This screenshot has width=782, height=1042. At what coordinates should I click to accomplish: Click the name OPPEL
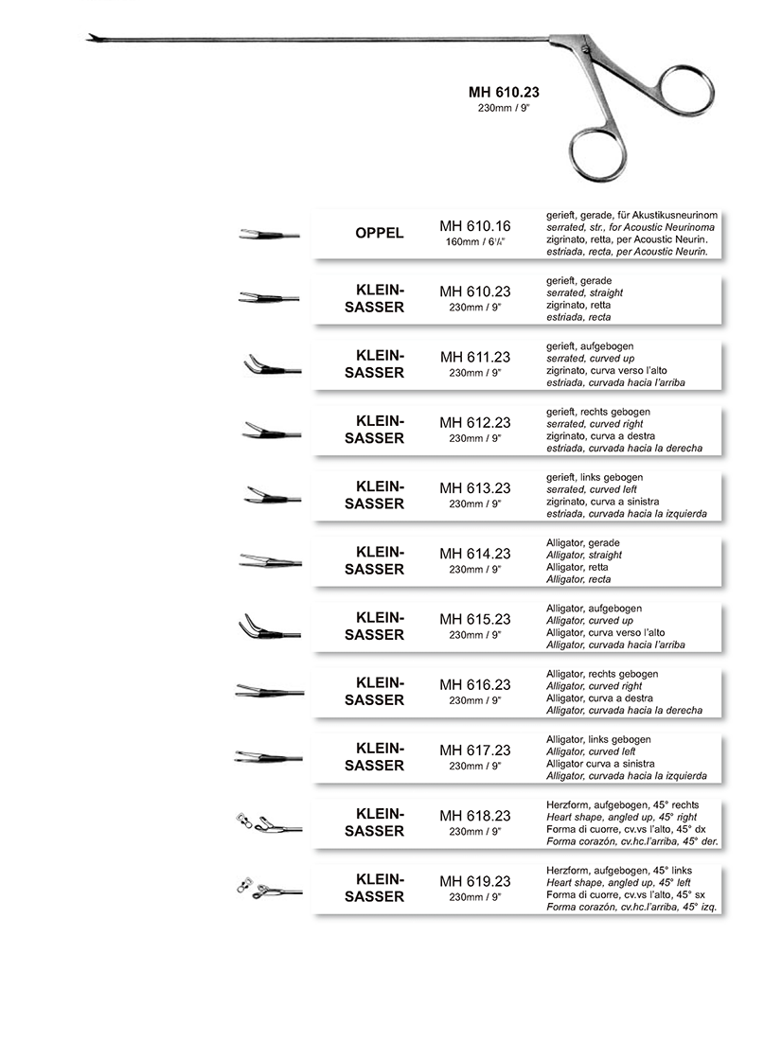(379, 234)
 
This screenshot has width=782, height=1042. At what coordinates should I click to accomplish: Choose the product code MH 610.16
(475, 226)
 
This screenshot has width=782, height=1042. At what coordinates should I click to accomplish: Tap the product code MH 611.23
(475, 357)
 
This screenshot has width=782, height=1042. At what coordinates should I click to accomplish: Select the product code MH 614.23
(475, 554)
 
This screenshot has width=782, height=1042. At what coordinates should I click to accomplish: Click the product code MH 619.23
(475, 881)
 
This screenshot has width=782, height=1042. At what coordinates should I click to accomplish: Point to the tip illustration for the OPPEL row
(268, 234)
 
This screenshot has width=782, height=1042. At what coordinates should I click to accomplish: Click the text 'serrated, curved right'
(596, 425)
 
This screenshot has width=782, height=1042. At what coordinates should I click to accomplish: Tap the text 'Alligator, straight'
(584, 556)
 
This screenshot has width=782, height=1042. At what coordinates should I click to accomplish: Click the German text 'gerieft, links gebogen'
(595, 477)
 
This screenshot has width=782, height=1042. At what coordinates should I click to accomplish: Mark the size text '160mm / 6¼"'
(475, 242)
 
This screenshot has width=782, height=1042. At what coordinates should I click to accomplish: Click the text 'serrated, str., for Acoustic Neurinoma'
(631, 229)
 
